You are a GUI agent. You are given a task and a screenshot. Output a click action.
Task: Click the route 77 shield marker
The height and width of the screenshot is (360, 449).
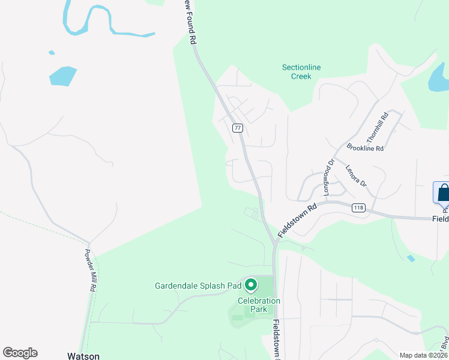click(238, 128)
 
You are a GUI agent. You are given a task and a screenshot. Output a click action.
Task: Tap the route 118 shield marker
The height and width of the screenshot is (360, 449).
click(358, 208)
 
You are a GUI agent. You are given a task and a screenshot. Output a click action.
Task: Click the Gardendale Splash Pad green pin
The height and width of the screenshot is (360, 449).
click(251, 285)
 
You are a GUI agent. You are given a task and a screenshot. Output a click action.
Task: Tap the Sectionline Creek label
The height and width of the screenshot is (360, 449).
click(301, 71)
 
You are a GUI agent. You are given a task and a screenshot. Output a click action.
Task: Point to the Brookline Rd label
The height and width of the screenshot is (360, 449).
click(365, 148)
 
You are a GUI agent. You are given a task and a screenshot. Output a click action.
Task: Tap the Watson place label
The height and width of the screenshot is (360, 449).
click(83, 356)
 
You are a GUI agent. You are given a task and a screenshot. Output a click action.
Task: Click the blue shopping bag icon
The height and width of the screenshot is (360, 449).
click(443, 193)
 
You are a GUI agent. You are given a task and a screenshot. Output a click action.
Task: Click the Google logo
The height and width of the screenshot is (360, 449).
click(20, 353)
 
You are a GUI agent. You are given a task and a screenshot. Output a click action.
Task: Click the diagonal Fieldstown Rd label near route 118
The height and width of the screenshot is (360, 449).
click(297, 220)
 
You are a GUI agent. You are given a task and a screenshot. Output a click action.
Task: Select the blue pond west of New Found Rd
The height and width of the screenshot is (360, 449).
click(62, 76)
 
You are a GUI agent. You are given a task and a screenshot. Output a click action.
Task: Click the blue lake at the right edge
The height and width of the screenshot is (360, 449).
click(438, 78)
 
